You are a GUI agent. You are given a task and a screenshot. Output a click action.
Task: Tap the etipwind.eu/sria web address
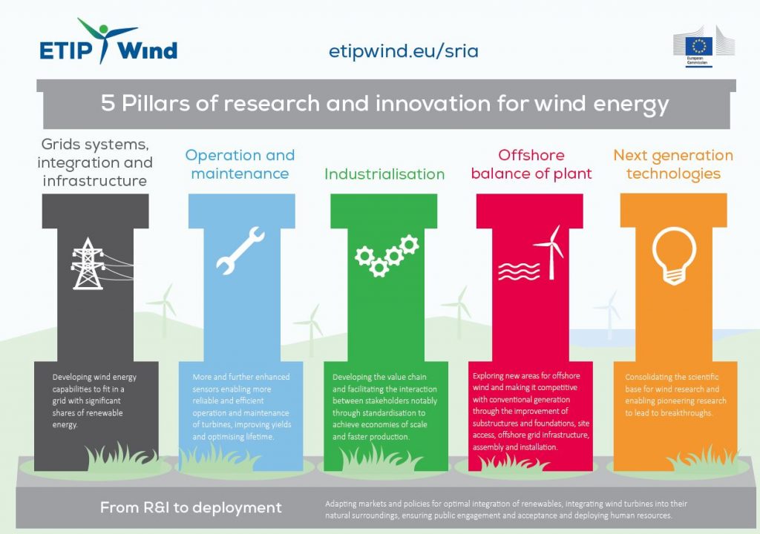[403, 51]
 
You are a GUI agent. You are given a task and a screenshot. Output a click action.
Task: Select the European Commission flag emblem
[699, 47]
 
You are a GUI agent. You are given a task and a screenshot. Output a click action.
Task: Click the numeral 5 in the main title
[108, 103]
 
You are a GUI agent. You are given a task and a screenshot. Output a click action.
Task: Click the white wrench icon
[240, 251]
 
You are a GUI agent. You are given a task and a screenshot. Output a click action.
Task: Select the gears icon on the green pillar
[387, 255]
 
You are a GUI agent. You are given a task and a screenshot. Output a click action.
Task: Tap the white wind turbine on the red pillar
[550, 252]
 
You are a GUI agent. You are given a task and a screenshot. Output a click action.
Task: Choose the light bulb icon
[674, 255]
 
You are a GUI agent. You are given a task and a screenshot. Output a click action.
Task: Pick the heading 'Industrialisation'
[384, 174]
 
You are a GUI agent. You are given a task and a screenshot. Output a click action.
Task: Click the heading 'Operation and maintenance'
[240, 164]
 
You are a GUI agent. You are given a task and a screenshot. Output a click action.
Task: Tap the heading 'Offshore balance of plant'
[531, 164]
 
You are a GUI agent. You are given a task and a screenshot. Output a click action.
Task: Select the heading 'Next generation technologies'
[673, 164]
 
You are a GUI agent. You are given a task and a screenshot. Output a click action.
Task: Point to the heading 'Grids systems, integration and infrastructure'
[94, 162]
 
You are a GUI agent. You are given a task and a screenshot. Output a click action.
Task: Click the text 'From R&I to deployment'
[191, 507]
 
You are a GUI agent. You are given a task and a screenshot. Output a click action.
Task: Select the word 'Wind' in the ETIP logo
[148, 50]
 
